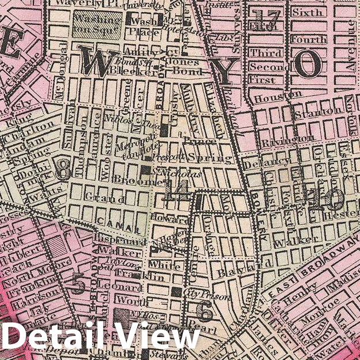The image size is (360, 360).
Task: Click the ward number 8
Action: pos(63,170)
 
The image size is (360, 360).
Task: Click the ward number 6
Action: pos(204,312)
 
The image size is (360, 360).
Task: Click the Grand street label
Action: pos(97,197)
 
